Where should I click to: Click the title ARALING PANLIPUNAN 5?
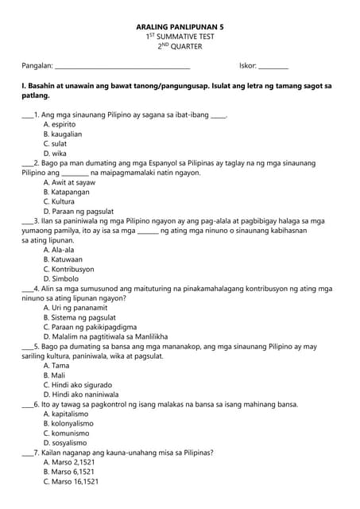[180, 26]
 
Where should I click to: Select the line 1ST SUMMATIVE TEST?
[180, 37]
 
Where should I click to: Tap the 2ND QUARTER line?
[180, 47]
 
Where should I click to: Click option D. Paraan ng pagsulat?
[77, 212]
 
